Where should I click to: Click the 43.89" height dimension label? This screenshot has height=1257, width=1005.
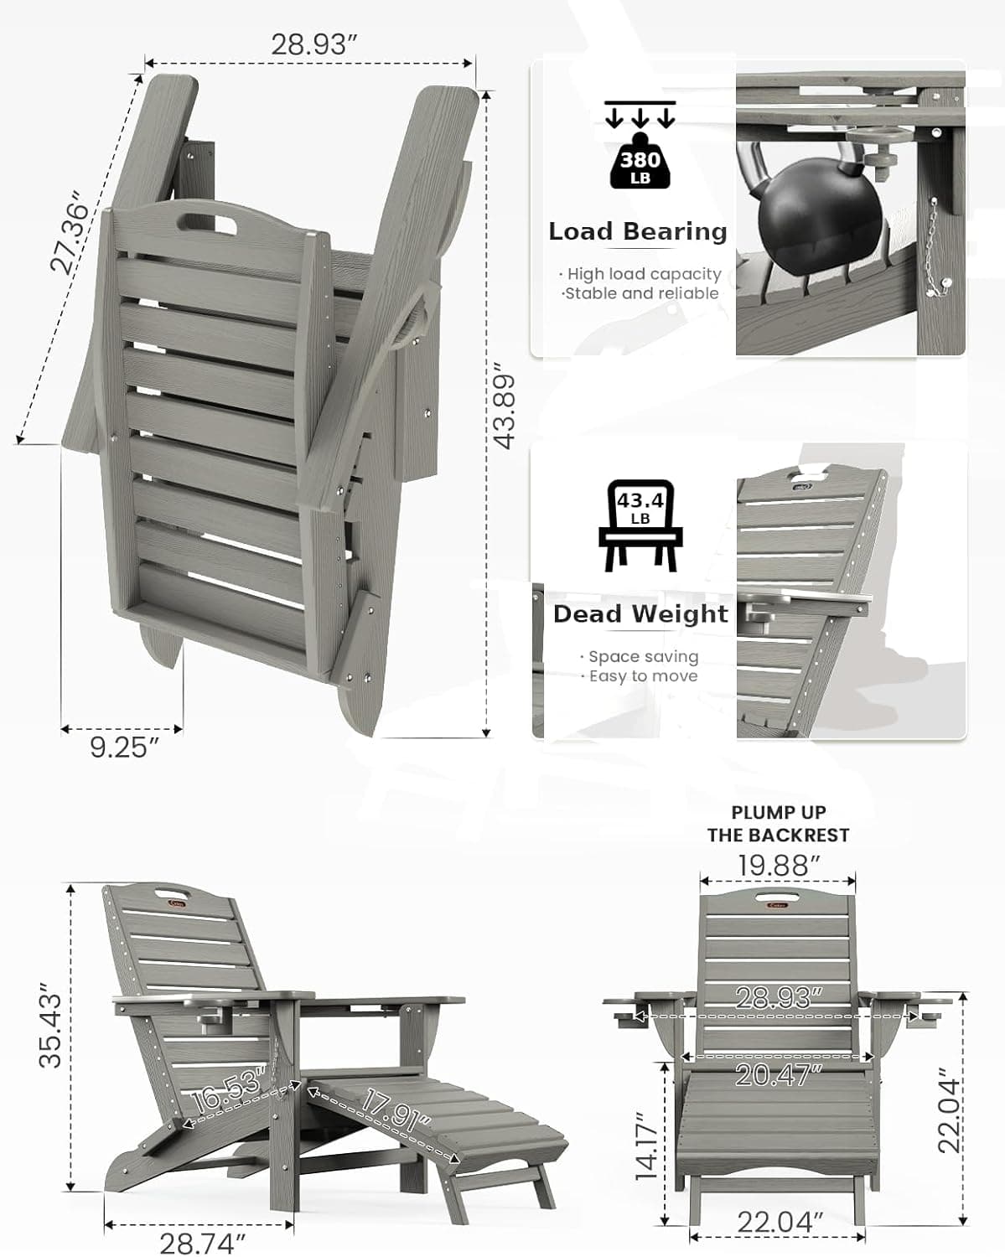[504, 407]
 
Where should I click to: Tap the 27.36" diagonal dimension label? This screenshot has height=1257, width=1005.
[69, 235]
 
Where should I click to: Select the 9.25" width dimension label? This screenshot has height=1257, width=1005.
[123, 747]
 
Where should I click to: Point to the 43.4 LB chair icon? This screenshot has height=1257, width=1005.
[640, 525]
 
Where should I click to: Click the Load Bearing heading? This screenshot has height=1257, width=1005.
[637, 231]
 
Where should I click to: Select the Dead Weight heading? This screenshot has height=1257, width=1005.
[640, 613]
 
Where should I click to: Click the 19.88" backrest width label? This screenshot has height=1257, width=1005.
[778, 865]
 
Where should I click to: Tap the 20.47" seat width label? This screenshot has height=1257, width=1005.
[773, 1074]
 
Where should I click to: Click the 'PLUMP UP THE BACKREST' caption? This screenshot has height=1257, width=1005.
[778, 824]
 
